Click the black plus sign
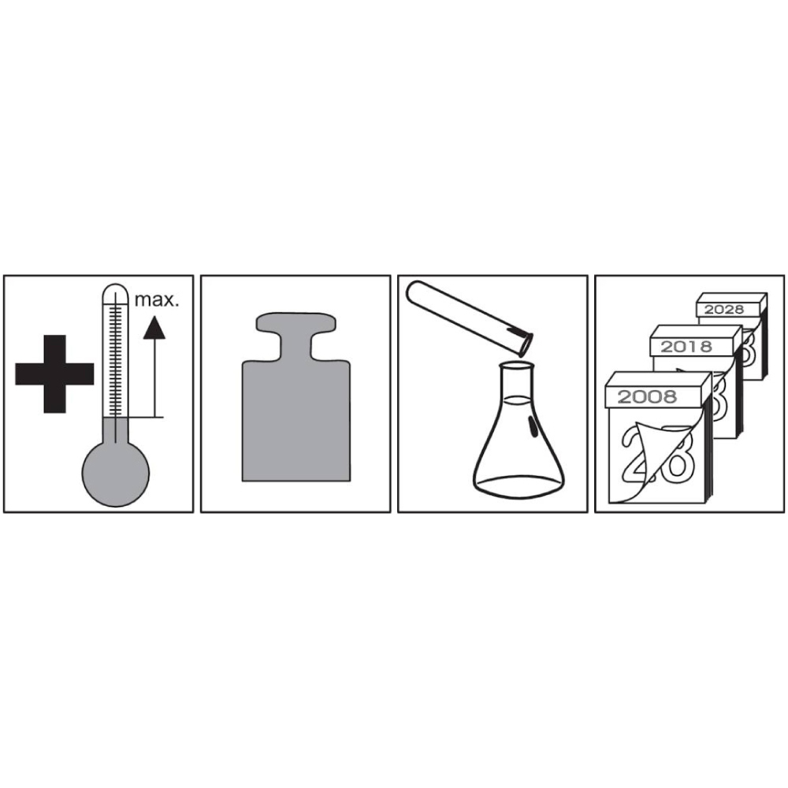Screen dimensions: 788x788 (x=54, y=374)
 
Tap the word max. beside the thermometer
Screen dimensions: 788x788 (x=157, y=300)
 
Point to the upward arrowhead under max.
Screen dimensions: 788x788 (x=154, y=327)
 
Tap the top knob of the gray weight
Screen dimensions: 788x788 (x=296, y=323)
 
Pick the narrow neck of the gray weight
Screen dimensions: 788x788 (x=296, y=347)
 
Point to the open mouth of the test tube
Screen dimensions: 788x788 (x=526, y=345)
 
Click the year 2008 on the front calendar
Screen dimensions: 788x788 (x=647, y=397)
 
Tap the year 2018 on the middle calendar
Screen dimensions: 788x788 (x=686, y=347)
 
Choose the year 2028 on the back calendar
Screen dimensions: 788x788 (x=723, y=309)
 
